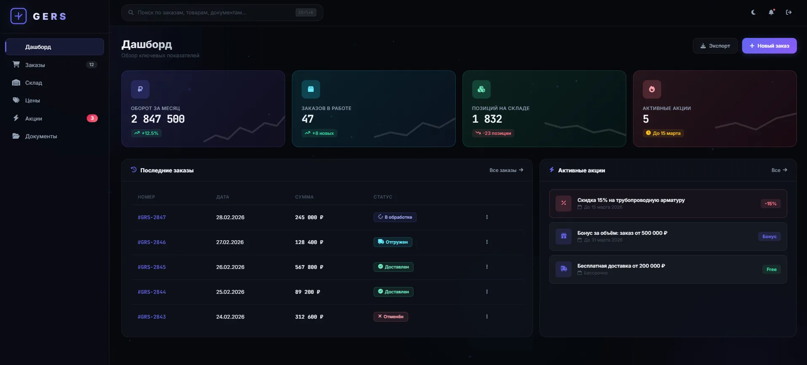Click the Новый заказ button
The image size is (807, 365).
click(769, 46)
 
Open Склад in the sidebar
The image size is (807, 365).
click(34, 83)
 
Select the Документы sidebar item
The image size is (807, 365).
click(41, 136)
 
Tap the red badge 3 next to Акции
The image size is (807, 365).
click(92, 118)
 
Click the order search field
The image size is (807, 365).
click(215, 13)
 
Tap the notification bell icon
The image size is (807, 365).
click(771, 13)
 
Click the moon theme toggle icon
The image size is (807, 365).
click(754, 13)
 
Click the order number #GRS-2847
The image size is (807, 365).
click(152, 217)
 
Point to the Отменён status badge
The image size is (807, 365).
click(390, 317)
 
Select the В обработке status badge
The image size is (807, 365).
click(395, 217)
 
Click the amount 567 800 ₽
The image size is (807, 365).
click(309, 267)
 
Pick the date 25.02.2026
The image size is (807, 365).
click(230, 292)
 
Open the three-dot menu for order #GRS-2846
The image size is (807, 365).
click(487, 242)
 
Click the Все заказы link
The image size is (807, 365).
click(506, 170)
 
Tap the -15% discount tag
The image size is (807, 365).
click(770, 204)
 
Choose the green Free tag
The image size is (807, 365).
click(771, 269)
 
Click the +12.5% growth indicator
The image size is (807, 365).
click(146, 133)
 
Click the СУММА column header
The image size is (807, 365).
click(304, 197)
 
